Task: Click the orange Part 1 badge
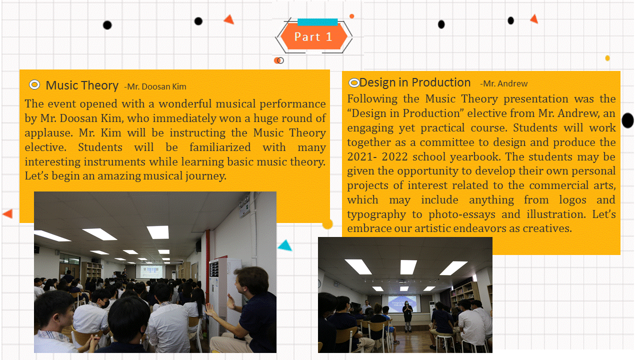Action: pos(313,36)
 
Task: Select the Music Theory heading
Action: pos(82,85)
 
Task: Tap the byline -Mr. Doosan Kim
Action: pos(155,86)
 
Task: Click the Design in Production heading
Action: pos(415,82)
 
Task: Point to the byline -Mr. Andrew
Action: pos(503,83)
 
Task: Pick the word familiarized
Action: pos(220,147)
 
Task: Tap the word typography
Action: pos(376,215)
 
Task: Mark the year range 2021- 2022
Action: pos(377,156)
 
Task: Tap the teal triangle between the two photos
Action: pos(285,245)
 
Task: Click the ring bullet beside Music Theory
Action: pos(34,85)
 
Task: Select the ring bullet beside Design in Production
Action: pos(354,83)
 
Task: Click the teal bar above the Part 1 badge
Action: pos(317,22)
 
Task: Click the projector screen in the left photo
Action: pos(151,271)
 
